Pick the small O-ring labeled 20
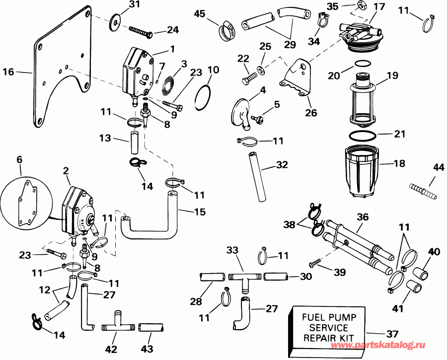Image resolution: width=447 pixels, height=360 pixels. click(x=364, y=64)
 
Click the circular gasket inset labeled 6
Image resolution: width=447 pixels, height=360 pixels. click(x=25, y=203)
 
